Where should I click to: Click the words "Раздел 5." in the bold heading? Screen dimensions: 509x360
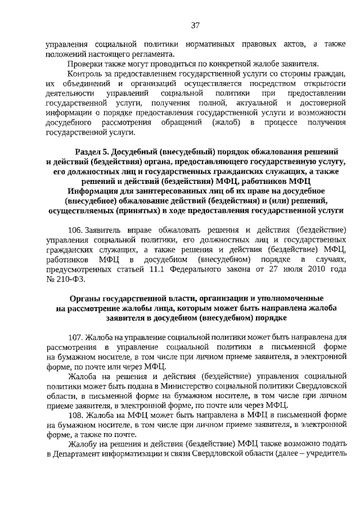(x=92, y=152)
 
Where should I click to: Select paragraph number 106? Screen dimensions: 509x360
(x=76, y=231)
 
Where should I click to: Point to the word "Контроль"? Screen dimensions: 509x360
(x=85, y=74)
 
